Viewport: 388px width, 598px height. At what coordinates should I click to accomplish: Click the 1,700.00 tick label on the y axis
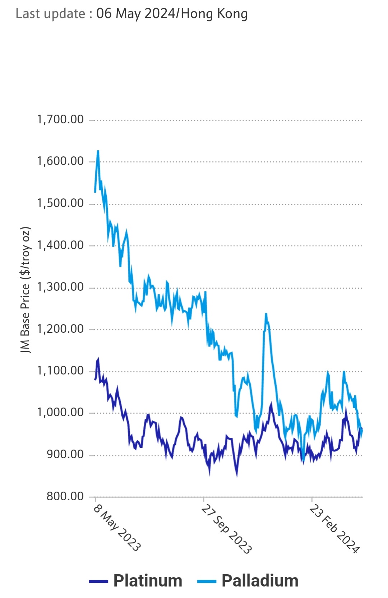(60, 119)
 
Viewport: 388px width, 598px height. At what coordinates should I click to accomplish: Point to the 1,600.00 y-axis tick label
(60, 161)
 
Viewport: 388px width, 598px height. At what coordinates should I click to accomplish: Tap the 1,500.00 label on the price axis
(60, 203)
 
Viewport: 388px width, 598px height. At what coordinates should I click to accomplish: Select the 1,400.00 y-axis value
(60, 245)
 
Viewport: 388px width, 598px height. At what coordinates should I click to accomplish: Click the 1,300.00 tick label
(60, 287)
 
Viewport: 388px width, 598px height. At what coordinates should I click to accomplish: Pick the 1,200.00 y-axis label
(60, 329)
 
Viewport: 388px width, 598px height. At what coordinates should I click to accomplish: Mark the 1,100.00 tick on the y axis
(60, 371)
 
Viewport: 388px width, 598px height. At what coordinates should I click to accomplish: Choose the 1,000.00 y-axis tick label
(60, 412)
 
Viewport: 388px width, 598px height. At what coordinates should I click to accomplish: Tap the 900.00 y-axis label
(65, 454)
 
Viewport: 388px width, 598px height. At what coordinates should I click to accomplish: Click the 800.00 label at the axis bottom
(65, 496)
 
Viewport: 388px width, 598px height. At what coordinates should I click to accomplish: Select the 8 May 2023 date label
(117, 528)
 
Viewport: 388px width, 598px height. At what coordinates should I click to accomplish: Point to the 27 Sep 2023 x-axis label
(226, 529)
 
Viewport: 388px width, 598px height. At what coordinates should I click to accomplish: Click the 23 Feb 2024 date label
(334, 529)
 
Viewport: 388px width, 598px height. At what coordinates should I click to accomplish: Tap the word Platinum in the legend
(148, 581)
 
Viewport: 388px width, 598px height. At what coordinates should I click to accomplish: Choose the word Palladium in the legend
(260, 581)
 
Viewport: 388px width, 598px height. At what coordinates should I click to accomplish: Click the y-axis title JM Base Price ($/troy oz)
(26, 290)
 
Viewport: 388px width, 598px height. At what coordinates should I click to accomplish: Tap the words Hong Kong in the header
(214, 14)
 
